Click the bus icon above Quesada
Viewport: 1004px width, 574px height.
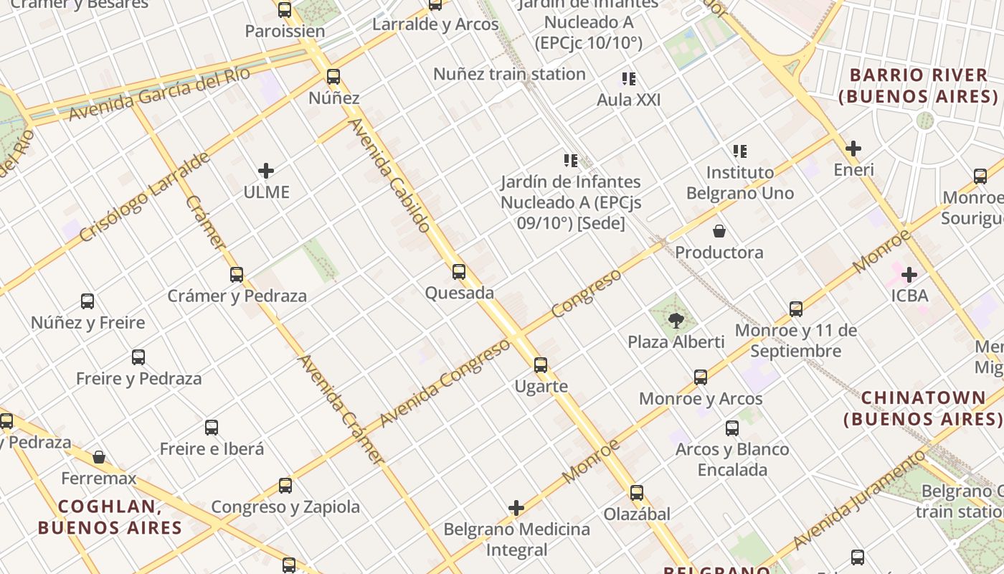tap(459, 272)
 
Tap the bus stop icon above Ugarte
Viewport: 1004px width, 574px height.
tap(541, 365)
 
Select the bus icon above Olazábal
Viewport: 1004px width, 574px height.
tap(637, 493)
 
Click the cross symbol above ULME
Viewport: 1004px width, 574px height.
tap(266, 171)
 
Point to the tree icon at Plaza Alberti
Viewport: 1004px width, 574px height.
tap(676, 320)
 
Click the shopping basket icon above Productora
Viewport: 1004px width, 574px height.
tap(719, 231)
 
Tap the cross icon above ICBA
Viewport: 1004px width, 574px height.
tap(909, 275)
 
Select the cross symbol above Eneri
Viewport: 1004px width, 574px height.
tap(853, 149)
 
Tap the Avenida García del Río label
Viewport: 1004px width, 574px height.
tap(159, 94)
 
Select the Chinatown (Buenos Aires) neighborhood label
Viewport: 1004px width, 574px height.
tap(923, 408)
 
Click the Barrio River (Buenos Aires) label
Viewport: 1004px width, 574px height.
tap(919, 85)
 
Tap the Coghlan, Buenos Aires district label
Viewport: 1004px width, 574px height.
tap(110, 517)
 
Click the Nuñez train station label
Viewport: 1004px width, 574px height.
tap(509, 74)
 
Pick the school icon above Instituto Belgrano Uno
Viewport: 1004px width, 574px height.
tap(740, 151)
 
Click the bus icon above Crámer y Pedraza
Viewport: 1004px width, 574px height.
tap(237, 275)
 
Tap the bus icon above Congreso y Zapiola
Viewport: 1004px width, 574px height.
tap(285, 486)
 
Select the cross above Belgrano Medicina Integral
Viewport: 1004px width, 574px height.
tap(516, 509)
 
